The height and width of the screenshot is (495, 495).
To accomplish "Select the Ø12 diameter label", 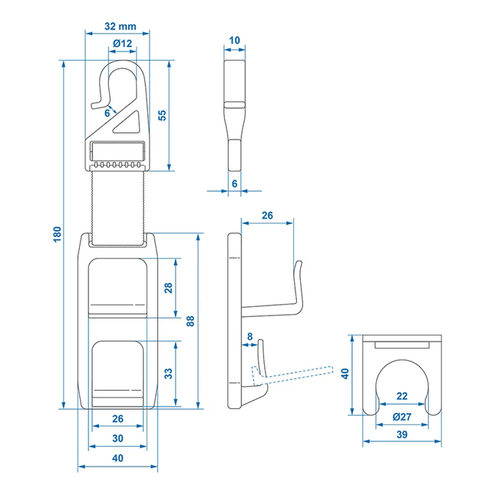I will click(x=122, y=43).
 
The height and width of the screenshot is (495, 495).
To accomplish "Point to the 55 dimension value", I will click(x=162, y=114).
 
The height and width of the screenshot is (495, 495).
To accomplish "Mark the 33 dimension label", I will click(x=167, y=374).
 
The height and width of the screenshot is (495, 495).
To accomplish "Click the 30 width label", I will click(x=117, y=438).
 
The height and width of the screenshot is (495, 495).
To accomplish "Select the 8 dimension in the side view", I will click(x=249, y=335).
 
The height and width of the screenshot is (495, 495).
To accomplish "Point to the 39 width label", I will click(x=401, y=435).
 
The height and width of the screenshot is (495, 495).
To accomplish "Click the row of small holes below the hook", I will click(x=117, y=163).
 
